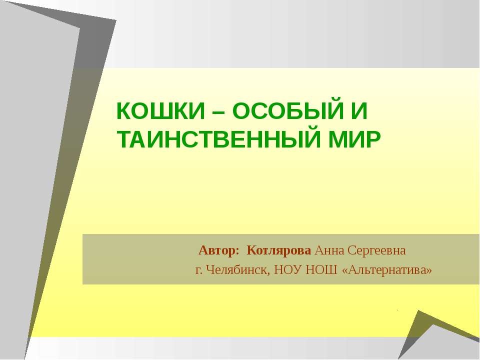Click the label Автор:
click(x=219, y=249)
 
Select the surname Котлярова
click(x=280, y=249)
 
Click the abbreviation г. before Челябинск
click(x=198, y=270)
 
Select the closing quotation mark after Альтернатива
click(x=428, y=270)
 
